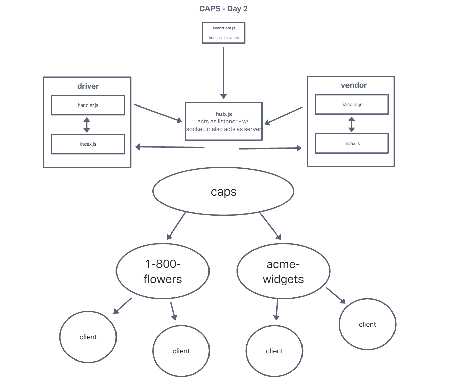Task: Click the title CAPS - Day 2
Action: tap(223, 9)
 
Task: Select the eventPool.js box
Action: tap(224, 33)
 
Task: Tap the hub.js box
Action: tap(224, 121)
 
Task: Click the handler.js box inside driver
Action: tap(88, 105)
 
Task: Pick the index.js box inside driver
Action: tap(88, 144)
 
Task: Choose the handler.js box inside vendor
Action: tap(352, 104)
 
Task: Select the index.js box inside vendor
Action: tap(352, 143)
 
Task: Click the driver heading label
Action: tap(88, 86)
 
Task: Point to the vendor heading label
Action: tap(354, 85)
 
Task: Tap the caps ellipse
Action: tap(223, 192)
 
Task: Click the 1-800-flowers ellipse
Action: tap(163, 271)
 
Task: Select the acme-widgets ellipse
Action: tap(283, 271)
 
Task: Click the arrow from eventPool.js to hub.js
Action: tap(223, 72)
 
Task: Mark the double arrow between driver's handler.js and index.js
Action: tap(87, 125)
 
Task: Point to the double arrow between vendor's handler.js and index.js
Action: tap(352, 124)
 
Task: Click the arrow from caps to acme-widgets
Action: tap(270, 226)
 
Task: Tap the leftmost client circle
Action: tap(88, 337)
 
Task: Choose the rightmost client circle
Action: tap(367, 324)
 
